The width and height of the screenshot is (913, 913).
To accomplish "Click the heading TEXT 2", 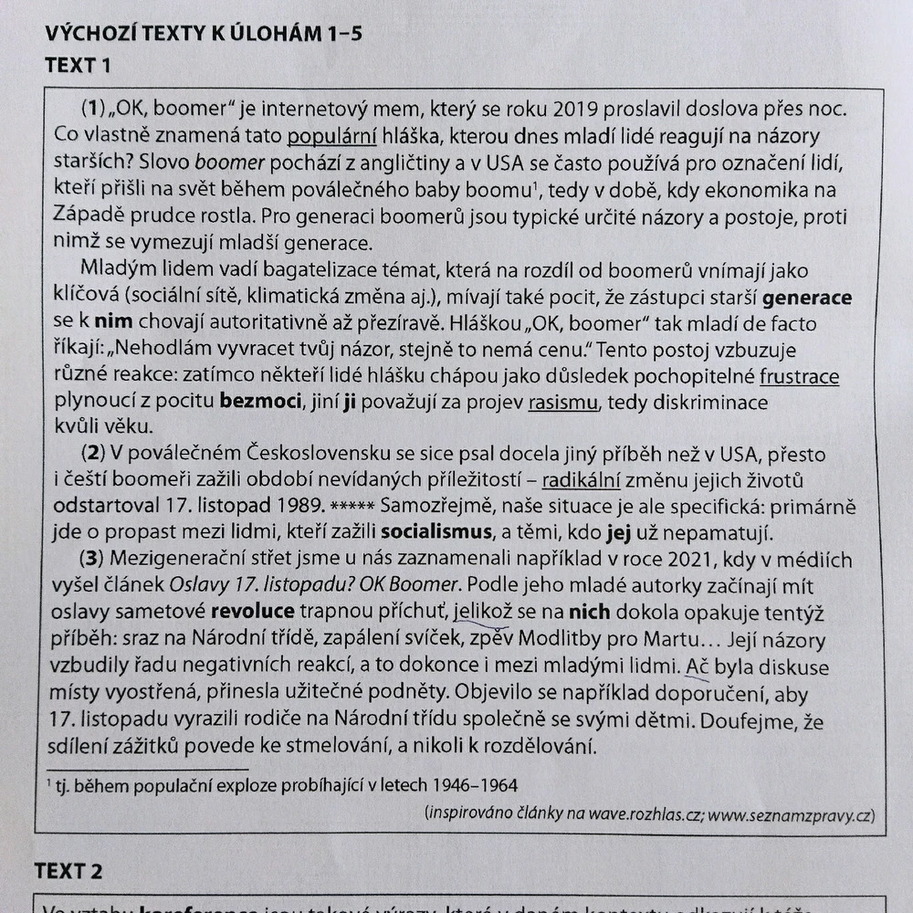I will point(69,871).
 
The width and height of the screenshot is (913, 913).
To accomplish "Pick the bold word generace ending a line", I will point(807,298).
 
